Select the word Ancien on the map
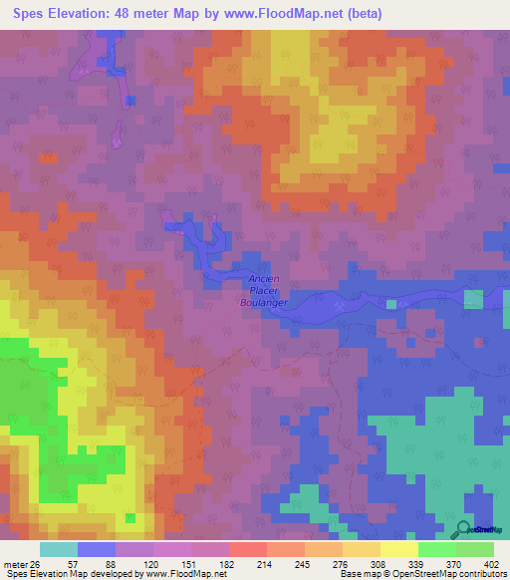pos(264,279)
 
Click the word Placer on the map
pos(264,290)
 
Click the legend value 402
pos(491,563)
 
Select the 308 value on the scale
pos(378,563)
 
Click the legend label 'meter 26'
pos(21,563)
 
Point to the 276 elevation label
pos(341,563)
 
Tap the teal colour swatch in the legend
pos(59,549)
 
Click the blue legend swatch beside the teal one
pos(97,549)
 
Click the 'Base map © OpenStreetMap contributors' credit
pos(421,574)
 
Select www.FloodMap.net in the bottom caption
pos(190,574)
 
